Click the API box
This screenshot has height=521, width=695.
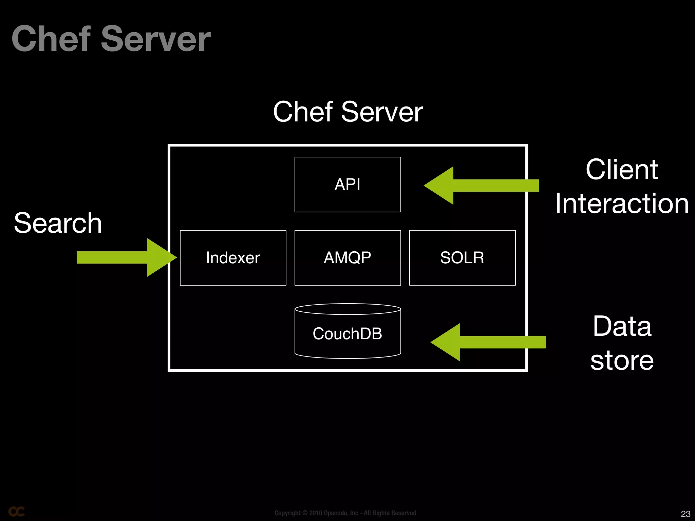click(x=347, y=185)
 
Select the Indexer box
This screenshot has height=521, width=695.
click(x=233, y=258)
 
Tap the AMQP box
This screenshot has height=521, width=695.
click(x=347, y=258)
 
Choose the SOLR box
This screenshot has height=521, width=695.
click(x=462, y=258)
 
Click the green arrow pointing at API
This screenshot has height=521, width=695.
click(x=482, y=186)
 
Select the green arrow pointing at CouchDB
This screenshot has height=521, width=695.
click(x=489, y=342)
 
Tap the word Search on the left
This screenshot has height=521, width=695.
click(x=58, y=223)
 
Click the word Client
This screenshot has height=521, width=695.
click(x=622, y=170)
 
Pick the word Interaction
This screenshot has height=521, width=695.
click(x=622, y=204)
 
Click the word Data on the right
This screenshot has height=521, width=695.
click(x=622, y=326)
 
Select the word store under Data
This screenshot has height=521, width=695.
click(x=622, y=360)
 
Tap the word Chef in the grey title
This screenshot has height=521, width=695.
click(x=51, y=39)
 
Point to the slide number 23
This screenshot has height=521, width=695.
click(x=685, y=514)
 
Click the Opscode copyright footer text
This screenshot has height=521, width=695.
click(x=345, y=513)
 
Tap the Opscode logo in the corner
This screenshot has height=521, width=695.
click(x=17, y=512)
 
